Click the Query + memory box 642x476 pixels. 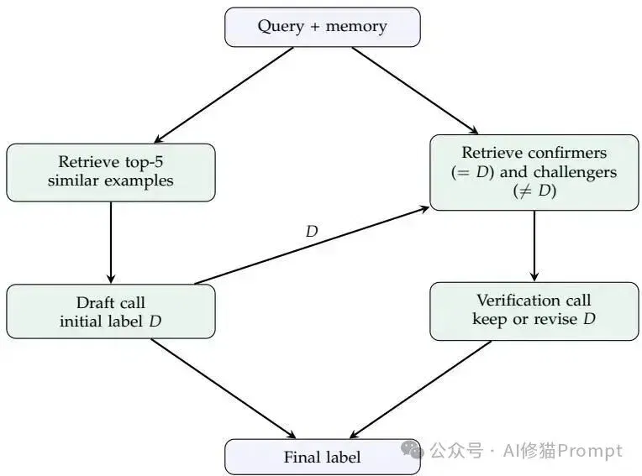(x=323, y=27)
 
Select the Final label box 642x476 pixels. (x=323, y=457)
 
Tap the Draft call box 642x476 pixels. (x=111, y=311)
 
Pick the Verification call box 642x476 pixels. (x=534, y=311)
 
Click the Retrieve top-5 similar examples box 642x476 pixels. (x=111, y=173)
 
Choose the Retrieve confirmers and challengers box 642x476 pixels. (x=534, y=173)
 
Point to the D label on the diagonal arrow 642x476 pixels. (x=312, y=232)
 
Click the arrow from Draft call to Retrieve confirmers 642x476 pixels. (x=312, y=246)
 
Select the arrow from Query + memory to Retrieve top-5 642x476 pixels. (x=224, y=95)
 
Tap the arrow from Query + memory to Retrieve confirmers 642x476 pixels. (x=415, y=91)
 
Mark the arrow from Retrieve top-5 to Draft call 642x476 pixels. (x=111, y=243)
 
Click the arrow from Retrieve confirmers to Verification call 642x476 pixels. (x=534, y=246)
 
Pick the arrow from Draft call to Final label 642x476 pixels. (x=224, y=389)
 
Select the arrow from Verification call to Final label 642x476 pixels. (x=420, y=390)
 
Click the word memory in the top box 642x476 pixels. (x=356, y=27)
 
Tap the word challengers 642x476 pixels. (x=575, y=172)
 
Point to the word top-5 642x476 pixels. (x=145, y=162)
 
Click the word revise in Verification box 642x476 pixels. (x=555, y=319)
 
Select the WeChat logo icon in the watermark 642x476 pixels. (x=412, y=449)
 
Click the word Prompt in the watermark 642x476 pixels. (x=590, y=451)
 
